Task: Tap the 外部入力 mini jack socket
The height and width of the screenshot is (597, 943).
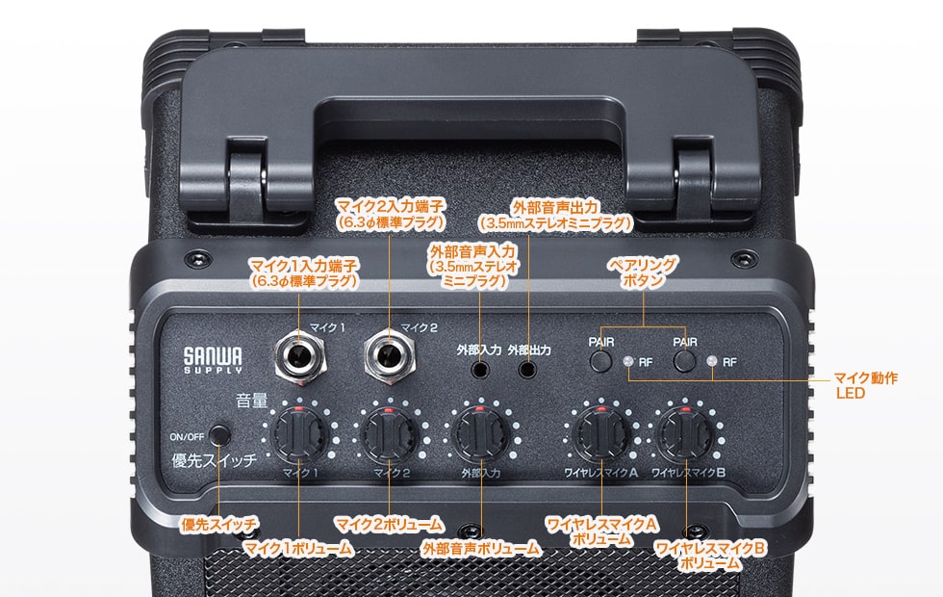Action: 479,368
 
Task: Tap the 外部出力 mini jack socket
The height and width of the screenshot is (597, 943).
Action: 527,368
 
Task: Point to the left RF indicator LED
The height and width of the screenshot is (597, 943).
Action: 627,362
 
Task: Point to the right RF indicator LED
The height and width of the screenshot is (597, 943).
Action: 712,362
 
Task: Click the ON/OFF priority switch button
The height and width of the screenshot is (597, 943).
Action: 220,435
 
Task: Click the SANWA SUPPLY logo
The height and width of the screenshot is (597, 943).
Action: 213,360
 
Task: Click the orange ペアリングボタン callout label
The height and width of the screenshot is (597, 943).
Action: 643,272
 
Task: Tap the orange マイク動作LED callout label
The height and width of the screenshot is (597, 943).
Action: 865,386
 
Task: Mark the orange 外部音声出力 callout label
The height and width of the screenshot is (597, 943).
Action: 556,215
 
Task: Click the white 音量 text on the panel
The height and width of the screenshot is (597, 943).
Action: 252,401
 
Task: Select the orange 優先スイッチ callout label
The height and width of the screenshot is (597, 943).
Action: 219,524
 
